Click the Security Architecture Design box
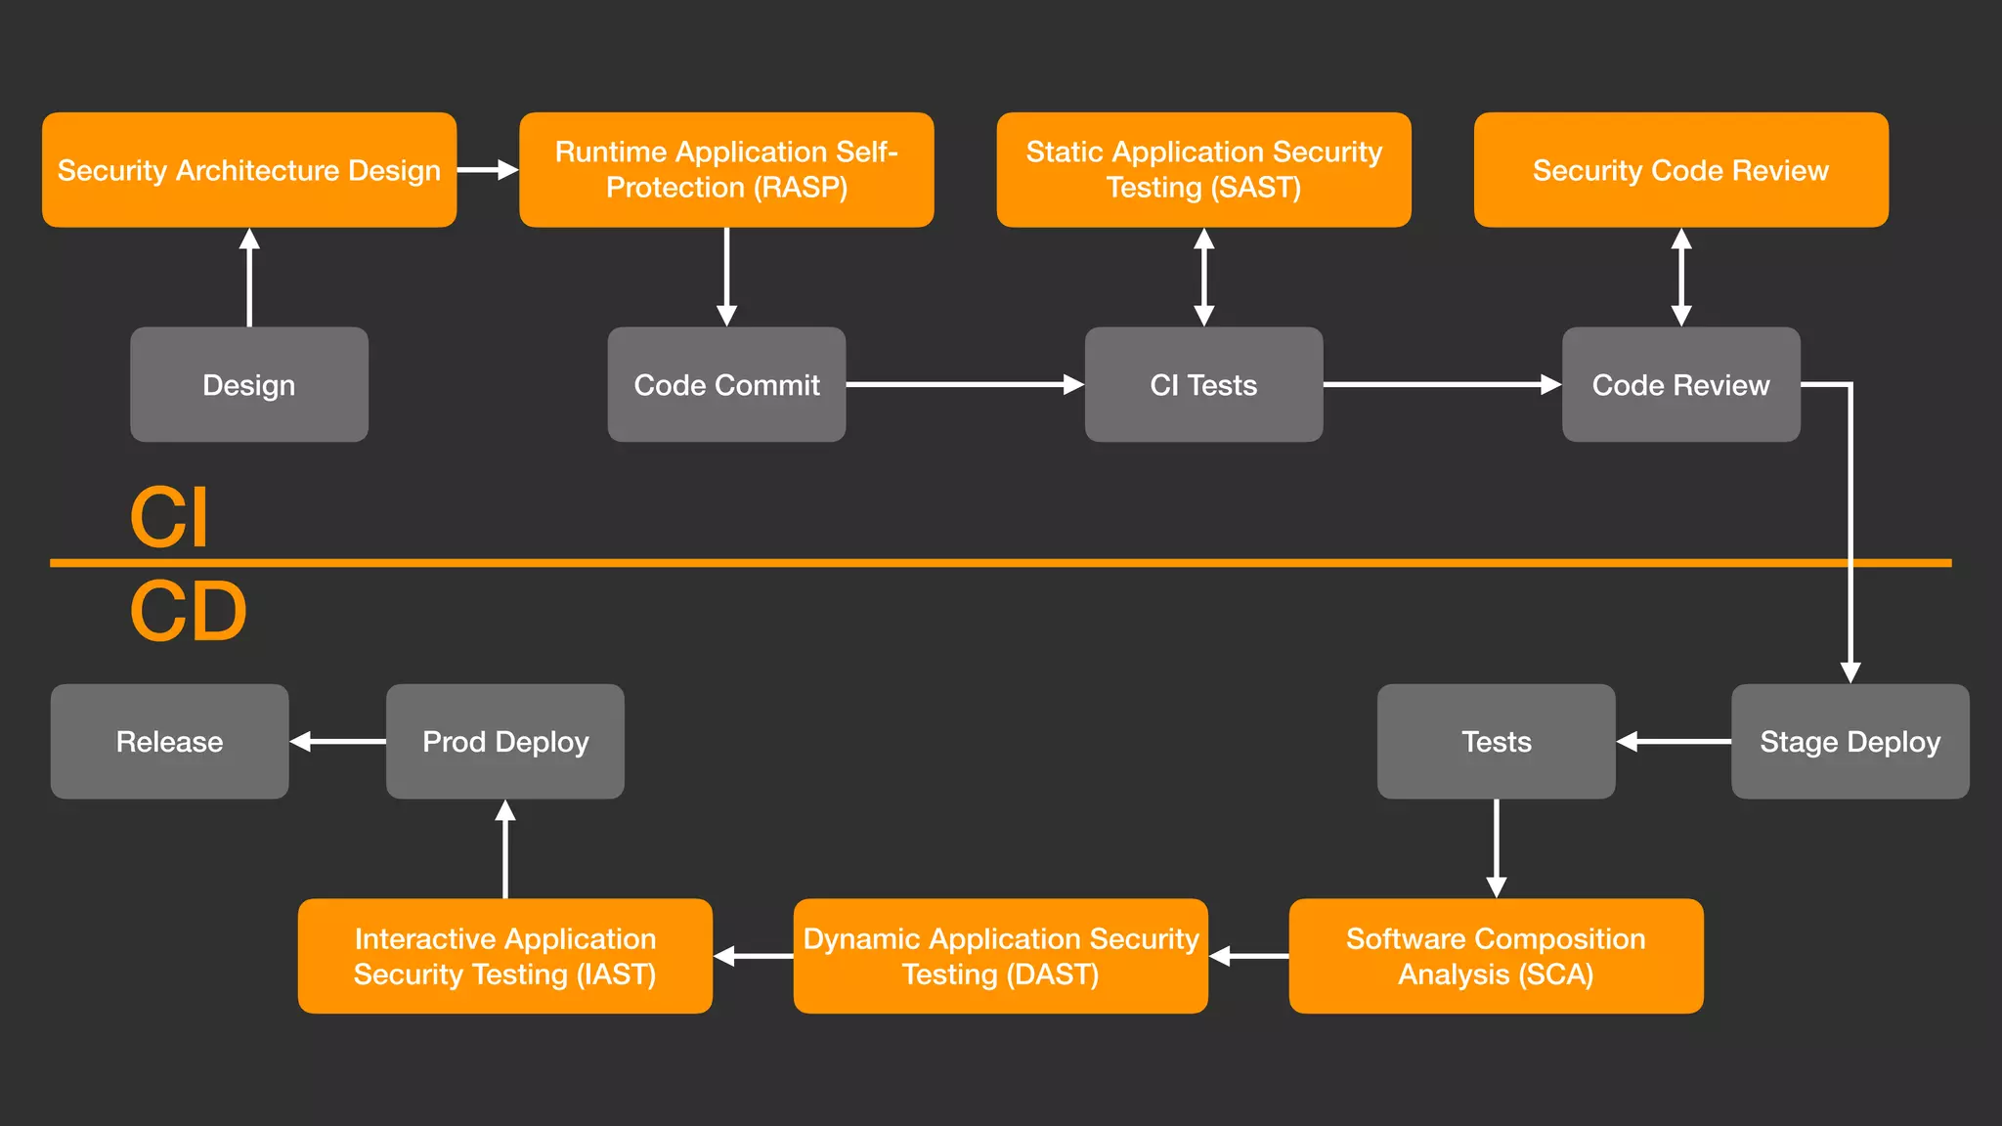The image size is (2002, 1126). click(x=249, y=170)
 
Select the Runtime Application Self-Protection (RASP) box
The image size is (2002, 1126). click(x=726, y=170)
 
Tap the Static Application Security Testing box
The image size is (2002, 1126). click(x=1203, y=170)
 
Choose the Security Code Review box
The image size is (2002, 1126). click(x=1680, y=170)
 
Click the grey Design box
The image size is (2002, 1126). click(x=249, y=384)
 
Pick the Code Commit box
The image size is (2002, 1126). click(x=726, y=384)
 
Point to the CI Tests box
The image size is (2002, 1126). click(x=1203, y=384)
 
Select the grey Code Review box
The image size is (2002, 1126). click(x=1680, y=384)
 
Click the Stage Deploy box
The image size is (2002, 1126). click(x=1850, y=741)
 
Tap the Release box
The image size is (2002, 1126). click(x=169, y=741)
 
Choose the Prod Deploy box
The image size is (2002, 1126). click(x=505, y=741)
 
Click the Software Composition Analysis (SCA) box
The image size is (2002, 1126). click(x=1496, y=956)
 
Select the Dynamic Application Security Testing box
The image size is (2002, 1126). click(x=1000, y=956)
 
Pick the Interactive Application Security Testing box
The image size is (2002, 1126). click(x=505, y=956)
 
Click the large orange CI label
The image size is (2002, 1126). click(x=169, y=518)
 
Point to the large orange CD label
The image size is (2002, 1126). click(x=188, y=612)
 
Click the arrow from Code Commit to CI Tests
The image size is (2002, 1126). click(x=964, y=384)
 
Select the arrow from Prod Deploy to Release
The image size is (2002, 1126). click(x=338, y=742)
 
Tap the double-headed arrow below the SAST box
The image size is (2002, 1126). click(x=1204, y=278)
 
